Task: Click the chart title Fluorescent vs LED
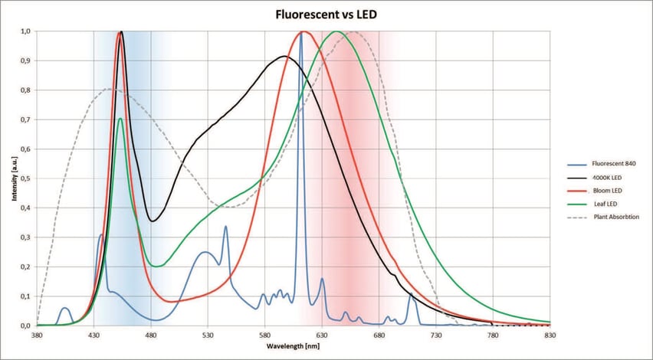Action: [326, 15]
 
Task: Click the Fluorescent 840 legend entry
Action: [614, 164]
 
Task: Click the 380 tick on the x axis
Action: [37, 335]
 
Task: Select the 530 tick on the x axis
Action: [208, 335]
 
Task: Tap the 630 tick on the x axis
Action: [322, 335]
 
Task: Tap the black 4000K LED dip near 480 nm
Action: [153, 221]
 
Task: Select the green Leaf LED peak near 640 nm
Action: [336, 32]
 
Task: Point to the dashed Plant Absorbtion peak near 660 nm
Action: [354, 32]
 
